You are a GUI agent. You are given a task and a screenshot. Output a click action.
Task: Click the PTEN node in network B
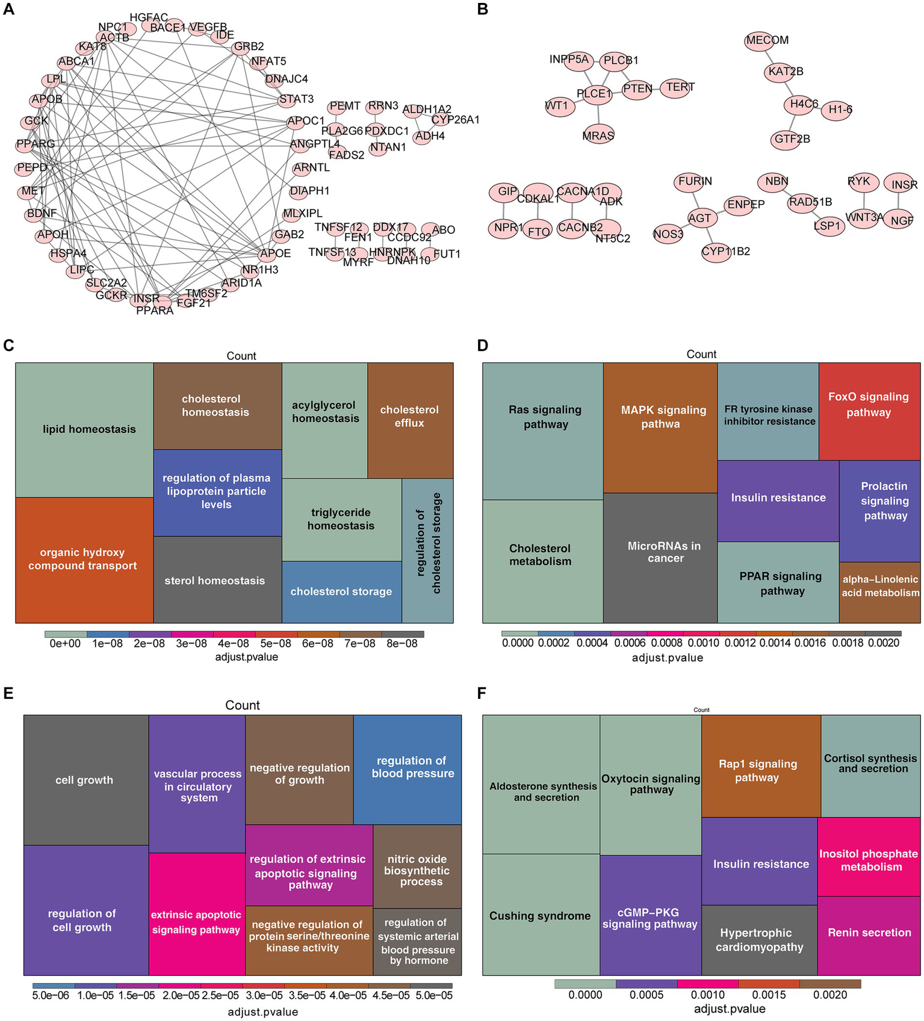point(637,89)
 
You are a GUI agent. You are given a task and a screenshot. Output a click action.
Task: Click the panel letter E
point(8,694)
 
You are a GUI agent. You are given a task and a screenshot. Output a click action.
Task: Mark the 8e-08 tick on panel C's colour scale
point(402,644)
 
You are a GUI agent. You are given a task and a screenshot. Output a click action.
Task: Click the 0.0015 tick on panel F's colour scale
point(769,995)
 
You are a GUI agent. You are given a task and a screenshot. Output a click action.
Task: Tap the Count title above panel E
point(243,705)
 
